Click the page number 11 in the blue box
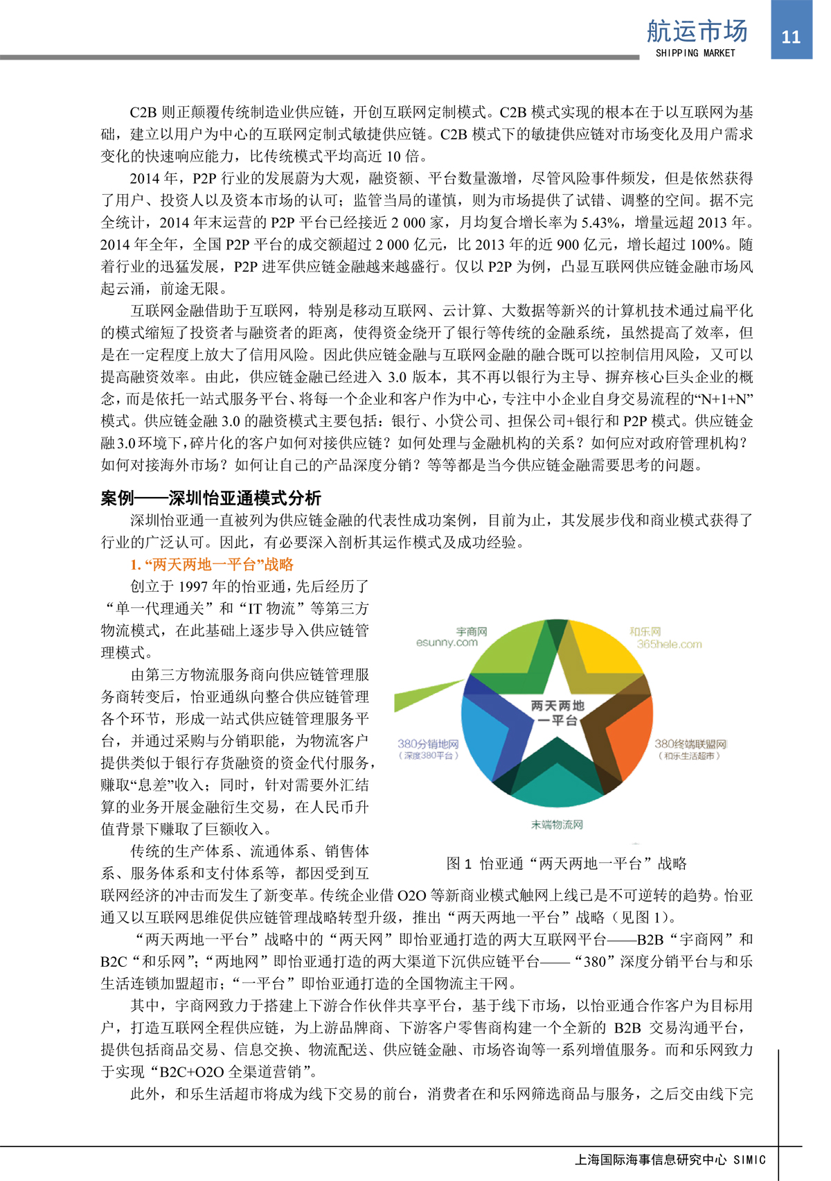pos(791,37)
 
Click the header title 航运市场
pos(697,31)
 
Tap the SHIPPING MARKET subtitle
pos(695,53)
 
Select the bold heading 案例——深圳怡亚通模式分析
pos(211,498)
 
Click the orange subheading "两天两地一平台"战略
pos(212,564)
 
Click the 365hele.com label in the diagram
pos(669,645)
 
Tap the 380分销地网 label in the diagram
pos(428,744)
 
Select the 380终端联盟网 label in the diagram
pos(690,744)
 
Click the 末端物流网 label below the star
pos(557,824)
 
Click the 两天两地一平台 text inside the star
pos(558,712)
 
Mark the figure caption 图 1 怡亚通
pos(566,864)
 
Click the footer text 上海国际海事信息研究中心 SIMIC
pos(670,1160)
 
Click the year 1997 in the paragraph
pos(193,586)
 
